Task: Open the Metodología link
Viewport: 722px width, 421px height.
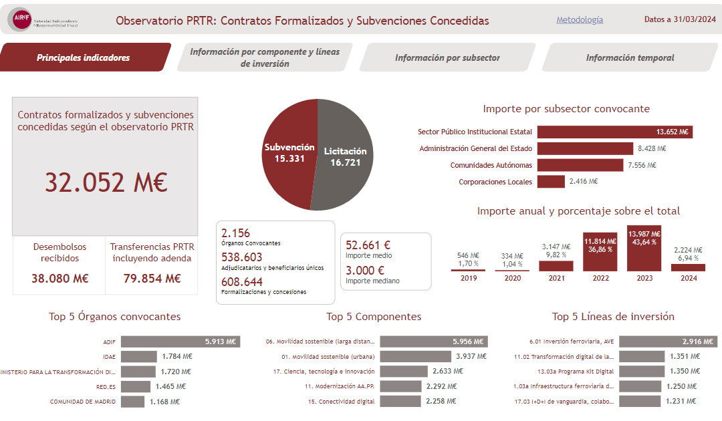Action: point(580,20)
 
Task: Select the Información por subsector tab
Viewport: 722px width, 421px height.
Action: point(447,57)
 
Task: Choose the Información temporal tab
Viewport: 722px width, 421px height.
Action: point(630,57)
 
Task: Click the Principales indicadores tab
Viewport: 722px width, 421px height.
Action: point(84,57)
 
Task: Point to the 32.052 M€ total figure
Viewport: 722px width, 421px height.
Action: point(106,182)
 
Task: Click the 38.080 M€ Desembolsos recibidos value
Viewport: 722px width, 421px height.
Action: point(59,278)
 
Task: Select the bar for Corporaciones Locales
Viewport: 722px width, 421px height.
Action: point(551,181)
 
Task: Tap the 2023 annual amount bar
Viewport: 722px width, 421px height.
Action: point(644,250)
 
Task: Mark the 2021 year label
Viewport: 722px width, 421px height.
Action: point(556,278)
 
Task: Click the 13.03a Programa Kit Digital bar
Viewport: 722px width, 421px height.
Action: point(642,372)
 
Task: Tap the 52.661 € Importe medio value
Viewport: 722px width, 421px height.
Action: point(368,245)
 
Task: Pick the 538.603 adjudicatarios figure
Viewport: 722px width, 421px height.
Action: point(242,257)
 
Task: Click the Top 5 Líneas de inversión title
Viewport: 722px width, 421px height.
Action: point(613,317)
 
